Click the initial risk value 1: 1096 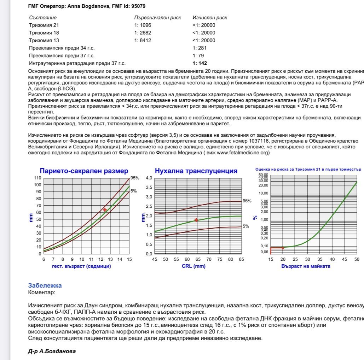(143, 25)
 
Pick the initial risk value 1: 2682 (143, 33)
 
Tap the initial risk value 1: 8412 (143, 40)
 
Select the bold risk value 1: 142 (200, 63)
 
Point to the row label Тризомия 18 (44, 33)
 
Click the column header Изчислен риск (210, 17)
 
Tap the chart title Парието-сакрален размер (84, 171)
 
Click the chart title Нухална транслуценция (196, 171)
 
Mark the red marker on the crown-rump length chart (105, 210)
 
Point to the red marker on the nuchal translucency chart (196, 220)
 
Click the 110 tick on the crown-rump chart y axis (37, 178)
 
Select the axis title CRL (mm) (194, 266)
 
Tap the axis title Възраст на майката (306, 266)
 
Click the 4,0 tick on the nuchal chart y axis (149, 178)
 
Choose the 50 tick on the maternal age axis (357, 259)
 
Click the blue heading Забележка (45, 285)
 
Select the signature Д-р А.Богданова (52, 351)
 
